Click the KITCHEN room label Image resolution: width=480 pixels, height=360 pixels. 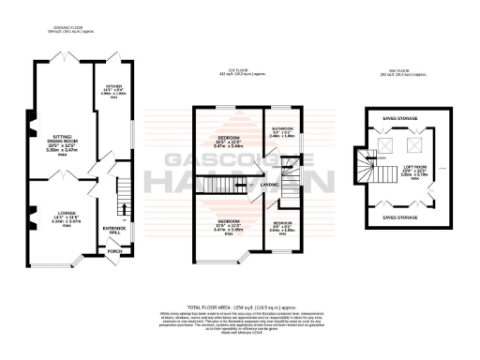click(x=112, y=92)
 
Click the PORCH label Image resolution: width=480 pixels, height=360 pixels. click(x=114, y=251)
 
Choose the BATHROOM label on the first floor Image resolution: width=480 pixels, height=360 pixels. click(x=283, y=131)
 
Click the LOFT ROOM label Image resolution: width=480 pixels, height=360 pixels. click(x=415, y=170)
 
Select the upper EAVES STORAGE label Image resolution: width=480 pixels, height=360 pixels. click(x=400, y=119)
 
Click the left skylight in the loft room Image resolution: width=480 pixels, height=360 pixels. click(x=384, y=147)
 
